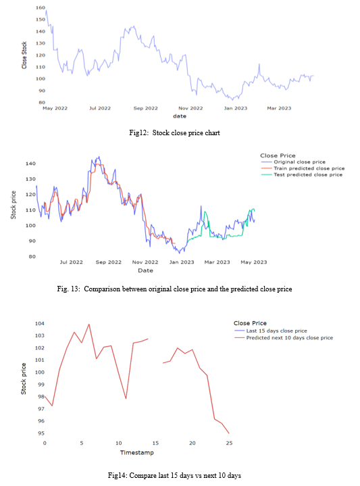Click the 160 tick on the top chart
click(x=41, y=7)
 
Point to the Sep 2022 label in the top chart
click(x=146, y=108)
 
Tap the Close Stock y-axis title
click(x=24, y=55)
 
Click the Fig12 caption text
click(x=174, y=132)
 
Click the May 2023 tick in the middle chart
click(x=254, y=262)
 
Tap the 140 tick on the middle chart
click(x=30, y=164)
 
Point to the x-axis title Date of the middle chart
click(x=146, y=270)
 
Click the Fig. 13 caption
click(x=174, y=289)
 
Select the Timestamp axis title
click(x=137, y=452)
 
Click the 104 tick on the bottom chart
click(x=40, y=323)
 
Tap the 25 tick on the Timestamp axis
click(x=229, y=443)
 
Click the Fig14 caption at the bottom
click(x=174, y=475)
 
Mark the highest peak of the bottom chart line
click(x=89, y=324)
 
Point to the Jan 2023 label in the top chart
click(x=236, y=108)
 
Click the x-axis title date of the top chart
click(x=180, y=116)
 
